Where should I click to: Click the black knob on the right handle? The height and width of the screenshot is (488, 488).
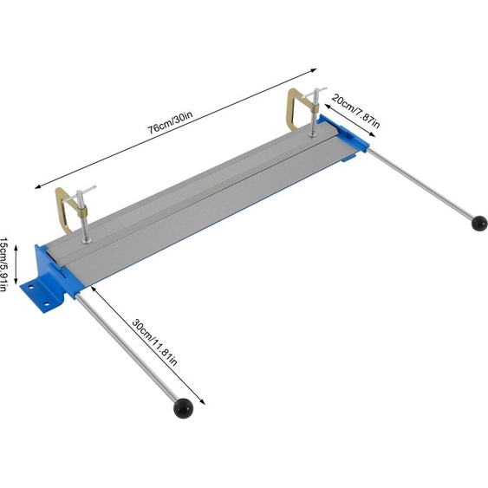pos(478,224)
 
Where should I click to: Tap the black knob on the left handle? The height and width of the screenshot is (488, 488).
pos(181,406)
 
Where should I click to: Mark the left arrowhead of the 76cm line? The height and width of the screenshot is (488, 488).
pos(37,185)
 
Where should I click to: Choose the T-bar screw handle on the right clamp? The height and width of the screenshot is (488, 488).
pos(316,92)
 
